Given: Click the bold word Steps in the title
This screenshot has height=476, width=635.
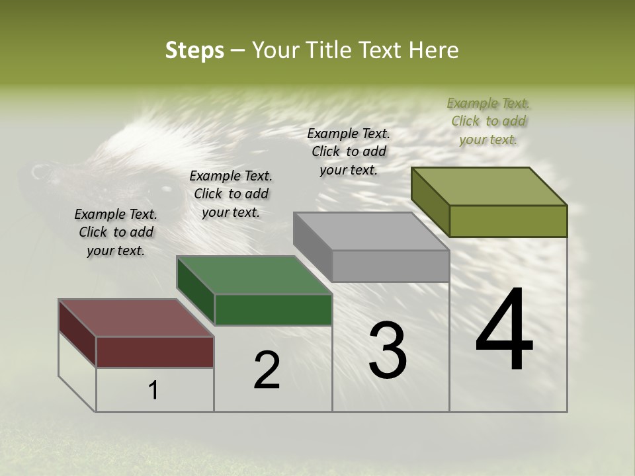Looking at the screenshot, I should (194, 50).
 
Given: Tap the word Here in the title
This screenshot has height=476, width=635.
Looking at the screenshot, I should (433, 50).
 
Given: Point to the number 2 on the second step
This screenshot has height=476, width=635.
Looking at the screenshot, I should (267, 370).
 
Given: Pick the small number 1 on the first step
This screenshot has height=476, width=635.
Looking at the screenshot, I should (153, 390).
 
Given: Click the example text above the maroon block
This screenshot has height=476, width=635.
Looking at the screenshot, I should (116, 232).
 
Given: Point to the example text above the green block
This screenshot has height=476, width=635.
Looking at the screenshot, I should (231, 194).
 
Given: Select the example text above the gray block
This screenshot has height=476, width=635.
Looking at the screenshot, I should (349, 151).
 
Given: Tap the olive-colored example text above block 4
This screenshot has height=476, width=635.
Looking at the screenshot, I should (488, 121).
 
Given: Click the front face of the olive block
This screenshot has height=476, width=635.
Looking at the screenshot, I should (508, 221).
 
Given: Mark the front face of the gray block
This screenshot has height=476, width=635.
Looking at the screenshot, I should (390, 266).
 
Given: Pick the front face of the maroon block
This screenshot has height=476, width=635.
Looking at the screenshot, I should (155, 352).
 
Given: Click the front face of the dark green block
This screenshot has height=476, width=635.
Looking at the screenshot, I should (273, 309).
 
